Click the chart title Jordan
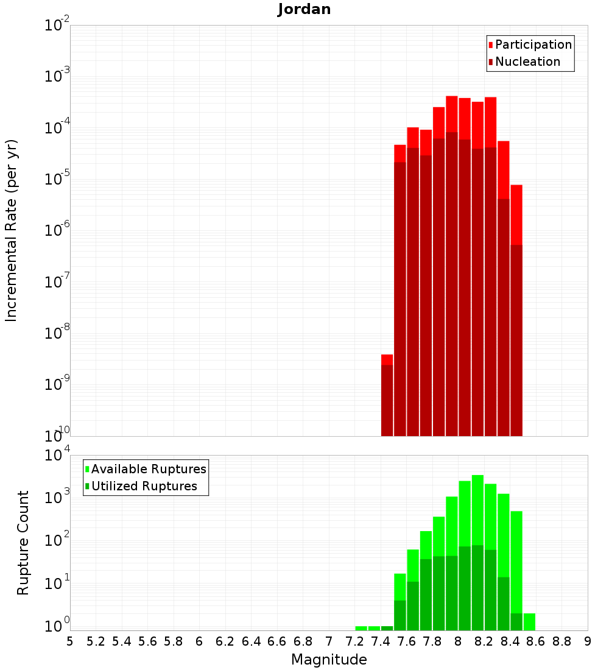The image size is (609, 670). click(304, 9)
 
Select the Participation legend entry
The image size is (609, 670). click(533, 44)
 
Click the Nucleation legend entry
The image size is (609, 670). click(527, 62)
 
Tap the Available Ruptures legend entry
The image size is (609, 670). click(148, 469)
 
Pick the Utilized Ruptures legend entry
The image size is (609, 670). click(144, 486)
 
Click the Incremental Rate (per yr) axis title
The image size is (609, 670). click(11, 230)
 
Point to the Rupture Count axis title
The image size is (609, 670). click(23, 543)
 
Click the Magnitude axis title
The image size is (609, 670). click(329, 660)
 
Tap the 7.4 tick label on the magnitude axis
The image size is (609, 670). click(381, 641)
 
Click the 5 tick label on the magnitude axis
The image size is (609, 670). click(70, 641)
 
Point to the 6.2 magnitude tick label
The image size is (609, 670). click(225, 641)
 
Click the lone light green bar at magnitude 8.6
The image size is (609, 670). click(529, 621)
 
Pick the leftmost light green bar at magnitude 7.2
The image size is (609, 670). click(361, 628)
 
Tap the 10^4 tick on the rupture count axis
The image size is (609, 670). click(57, 455)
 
